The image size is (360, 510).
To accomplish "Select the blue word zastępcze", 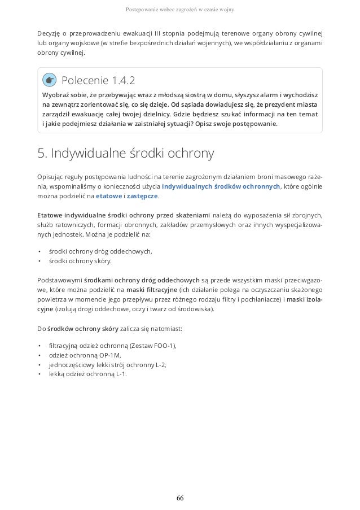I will [x=143, y=197].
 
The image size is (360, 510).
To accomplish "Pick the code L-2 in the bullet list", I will [x=160, y=364].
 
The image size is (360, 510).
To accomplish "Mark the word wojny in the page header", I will [x=227, y=10].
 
